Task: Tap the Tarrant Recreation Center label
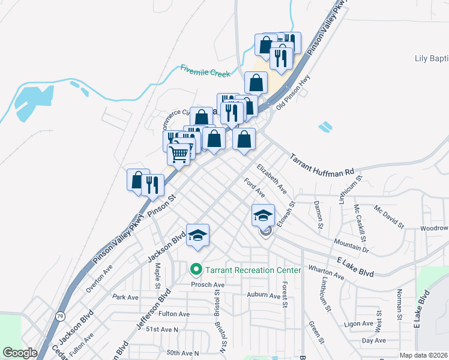pyautogui.click(x=253, y=270)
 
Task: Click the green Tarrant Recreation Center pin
pyautogui.click(x=195, y=270)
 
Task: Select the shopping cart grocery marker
pyautogui.click(x=179, y=154)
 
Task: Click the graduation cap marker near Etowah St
pyautogui.click(x=263, y=215)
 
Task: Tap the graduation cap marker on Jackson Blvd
pyautogui.click(x=197, y=235)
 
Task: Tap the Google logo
pyautogui.click(x=20, y=353)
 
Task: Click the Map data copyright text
pyautogui.click(x=423, y=355)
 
